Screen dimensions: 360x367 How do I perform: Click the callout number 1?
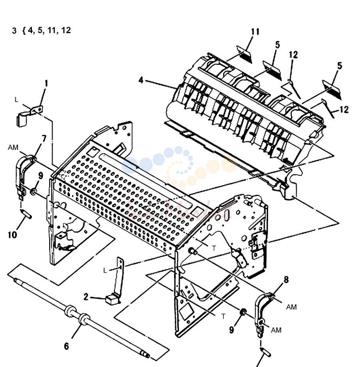[46, 83]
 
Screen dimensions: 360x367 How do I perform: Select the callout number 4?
[141, 80]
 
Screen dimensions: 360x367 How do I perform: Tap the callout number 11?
[255, 32]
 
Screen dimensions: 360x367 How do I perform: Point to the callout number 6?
[66, 346]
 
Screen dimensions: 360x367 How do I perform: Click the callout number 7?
[44, 139]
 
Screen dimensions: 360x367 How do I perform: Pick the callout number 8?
[286, 279]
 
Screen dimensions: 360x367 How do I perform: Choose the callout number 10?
[12, 235]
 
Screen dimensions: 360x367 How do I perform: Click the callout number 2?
[86, 297]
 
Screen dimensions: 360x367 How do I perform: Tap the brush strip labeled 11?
[245, 54]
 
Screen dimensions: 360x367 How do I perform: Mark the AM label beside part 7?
[13, 148]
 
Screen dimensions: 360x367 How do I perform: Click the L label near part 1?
[16, 100]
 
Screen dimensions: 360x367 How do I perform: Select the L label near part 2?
[105, 271]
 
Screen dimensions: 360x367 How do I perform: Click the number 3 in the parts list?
[14, 31]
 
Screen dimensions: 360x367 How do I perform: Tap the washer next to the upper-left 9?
[33, 192]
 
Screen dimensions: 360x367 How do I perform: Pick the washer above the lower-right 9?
[243, 312]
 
